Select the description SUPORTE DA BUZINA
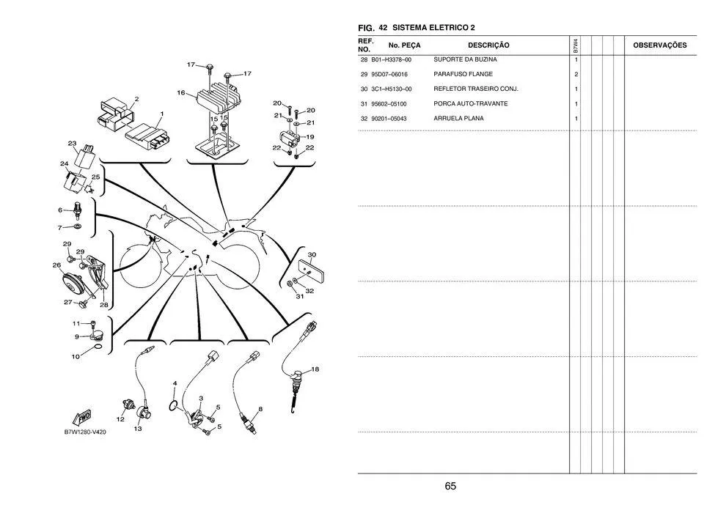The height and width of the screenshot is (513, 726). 465,59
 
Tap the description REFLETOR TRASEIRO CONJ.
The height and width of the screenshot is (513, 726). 476,89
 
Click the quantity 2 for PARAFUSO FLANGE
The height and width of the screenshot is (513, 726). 576,75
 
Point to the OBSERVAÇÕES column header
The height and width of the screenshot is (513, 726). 659,45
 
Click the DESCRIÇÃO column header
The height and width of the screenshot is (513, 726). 488,45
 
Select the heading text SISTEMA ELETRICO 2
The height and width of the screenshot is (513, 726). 433,27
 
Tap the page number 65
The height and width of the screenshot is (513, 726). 450,486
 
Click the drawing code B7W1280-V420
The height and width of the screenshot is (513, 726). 86,432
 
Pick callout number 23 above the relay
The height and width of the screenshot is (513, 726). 72,144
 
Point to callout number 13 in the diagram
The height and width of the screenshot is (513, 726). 138,429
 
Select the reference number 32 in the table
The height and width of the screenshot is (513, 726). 364,118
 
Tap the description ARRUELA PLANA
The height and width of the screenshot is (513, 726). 458,118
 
